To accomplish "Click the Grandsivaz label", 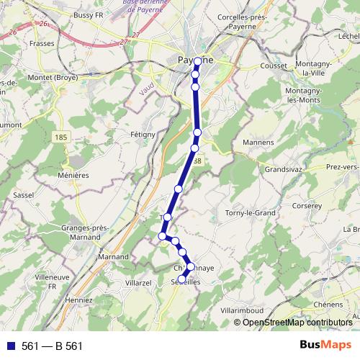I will [287, 170].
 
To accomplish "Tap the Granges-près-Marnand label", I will [85, 232].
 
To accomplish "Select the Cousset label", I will [272, 66].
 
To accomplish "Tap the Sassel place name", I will [25, 195].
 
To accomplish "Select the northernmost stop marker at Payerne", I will [197, 62].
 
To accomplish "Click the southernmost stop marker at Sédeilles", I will [182, 279].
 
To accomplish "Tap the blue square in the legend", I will [10, 346].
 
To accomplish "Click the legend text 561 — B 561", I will [53, 346].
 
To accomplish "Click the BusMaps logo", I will [326, 345].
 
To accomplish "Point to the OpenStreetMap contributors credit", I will [297, 322].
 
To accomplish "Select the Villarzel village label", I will [138, 283].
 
